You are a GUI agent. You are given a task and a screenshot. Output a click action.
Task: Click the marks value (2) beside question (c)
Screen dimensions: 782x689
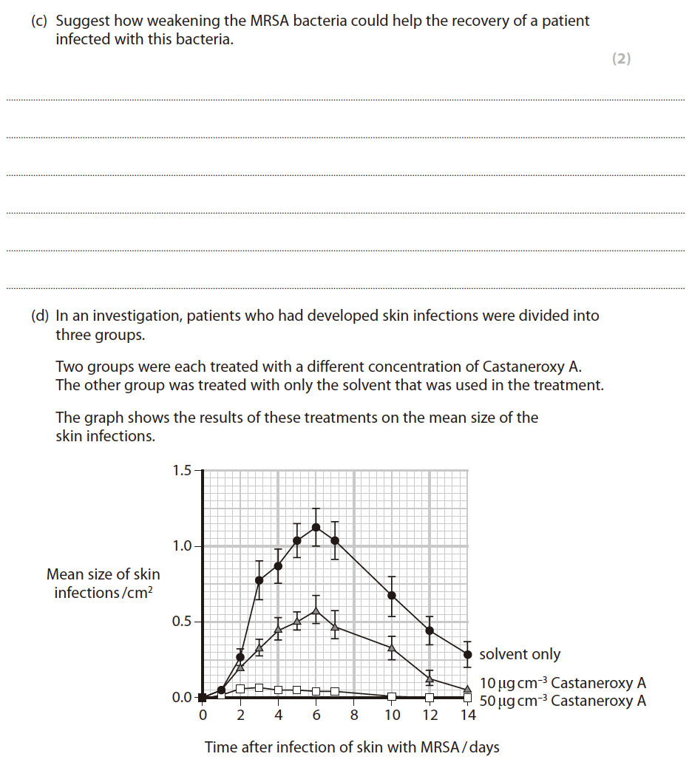tap(621, 59)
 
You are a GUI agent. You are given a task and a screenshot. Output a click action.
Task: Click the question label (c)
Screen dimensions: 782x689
tap(39, 21)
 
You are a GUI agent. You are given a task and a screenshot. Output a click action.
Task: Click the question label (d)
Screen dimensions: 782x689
tap(39, 316)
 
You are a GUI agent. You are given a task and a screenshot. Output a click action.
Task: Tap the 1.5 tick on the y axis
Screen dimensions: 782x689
tap(182, 470)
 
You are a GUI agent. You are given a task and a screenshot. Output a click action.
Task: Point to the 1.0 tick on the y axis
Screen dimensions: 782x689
tap(182, 546)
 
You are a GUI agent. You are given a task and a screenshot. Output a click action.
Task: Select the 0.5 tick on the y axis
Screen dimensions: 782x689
tap(182, 622)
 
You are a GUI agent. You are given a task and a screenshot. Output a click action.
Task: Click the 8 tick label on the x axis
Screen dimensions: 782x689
tap(354, 715)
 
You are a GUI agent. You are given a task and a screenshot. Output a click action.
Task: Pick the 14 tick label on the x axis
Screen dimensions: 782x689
tap(467, 715)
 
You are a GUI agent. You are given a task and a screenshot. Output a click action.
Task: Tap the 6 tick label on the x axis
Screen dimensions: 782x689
tap(316, 715)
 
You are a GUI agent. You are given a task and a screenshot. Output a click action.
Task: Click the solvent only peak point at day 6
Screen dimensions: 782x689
tap(316, 527)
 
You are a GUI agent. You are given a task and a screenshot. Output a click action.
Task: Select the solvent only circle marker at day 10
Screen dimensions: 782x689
tap(392, 595)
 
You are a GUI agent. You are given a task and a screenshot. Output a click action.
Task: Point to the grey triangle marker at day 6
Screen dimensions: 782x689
tap(316, 611)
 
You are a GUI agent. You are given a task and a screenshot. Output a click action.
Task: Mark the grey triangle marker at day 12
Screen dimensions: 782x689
tap(430, 679)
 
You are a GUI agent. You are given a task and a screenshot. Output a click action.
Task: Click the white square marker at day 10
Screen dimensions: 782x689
tap(392, 696)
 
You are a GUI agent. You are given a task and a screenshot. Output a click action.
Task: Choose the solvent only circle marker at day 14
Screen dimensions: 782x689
tap(467, 654)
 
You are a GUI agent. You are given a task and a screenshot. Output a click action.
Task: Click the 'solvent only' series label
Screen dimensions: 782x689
tap(520, 654)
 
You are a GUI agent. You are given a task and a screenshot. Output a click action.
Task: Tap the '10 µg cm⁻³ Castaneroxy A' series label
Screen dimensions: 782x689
tap(563, 683)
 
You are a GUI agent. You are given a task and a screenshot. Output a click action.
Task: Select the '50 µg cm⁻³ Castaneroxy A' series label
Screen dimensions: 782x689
tap(563, 701)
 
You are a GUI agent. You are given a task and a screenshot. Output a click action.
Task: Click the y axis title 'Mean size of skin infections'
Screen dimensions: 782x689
tap(103, 583)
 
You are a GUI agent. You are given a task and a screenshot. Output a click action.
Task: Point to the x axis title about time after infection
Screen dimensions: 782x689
tap(352, 747)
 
